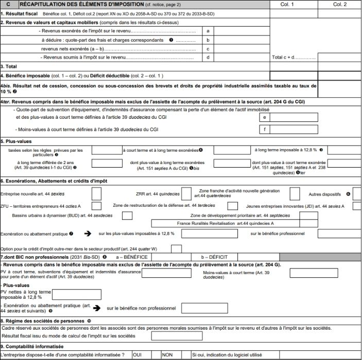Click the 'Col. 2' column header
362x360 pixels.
pos(340,4)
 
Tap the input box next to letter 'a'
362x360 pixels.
pos(241,31)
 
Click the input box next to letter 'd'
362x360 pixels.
pos(241,57)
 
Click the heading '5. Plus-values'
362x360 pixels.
pos(16,141)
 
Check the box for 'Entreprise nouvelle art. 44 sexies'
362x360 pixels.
pos(96,194)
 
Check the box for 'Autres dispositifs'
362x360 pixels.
pos(356,194)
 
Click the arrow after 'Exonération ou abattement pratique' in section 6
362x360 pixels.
pos(88,233)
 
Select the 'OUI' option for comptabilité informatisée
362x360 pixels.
pos(137,354)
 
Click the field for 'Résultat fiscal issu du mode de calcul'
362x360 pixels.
pos(177,336)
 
